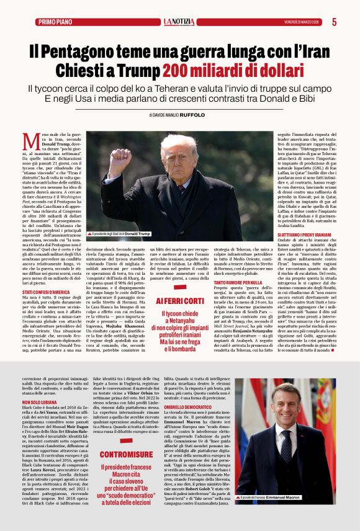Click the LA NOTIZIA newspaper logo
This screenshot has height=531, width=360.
[179, 22]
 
